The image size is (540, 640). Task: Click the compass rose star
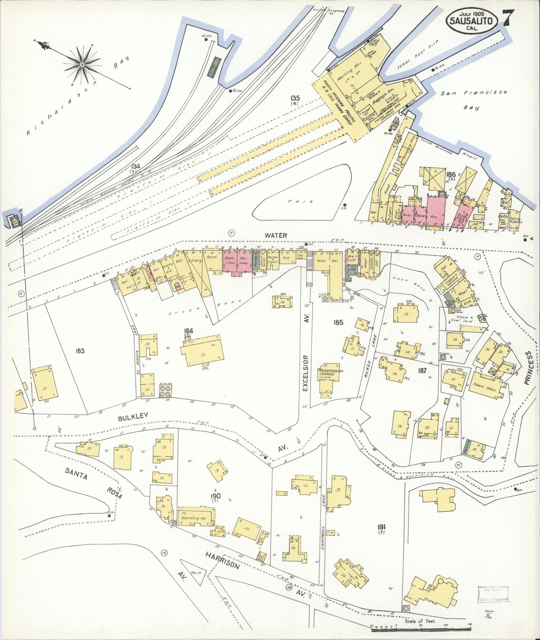click(x=82, y=64)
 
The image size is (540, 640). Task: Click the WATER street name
click(x=276, y=236)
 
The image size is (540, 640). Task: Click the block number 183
click(x=80, y=351)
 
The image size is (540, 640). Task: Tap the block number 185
click(x=338, y=323)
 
